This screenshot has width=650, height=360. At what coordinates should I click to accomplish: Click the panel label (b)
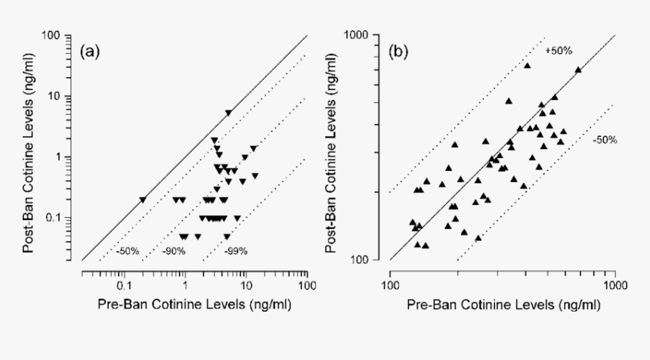(398, 52)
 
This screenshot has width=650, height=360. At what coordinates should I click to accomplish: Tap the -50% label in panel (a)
(128, 250)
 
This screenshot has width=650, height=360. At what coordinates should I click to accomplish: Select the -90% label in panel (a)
(175, 250)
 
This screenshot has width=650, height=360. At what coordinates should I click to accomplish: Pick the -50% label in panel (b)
(603, 140)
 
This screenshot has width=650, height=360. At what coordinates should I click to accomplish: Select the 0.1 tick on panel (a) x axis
(125, 287)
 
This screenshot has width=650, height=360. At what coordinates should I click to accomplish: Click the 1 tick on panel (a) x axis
(185, 287)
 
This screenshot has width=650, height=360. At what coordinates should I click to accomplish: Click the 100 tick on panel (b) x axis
(389, 287)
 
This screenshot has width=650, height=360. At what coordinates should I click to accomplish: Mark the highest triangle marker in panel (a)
(228, 113)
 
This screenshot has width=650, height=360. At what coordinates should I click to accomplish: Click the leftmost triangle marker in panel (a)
(143, 200)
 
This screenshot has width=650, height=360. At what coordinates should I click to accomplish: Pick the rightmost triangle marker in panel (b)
(578, 70)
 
